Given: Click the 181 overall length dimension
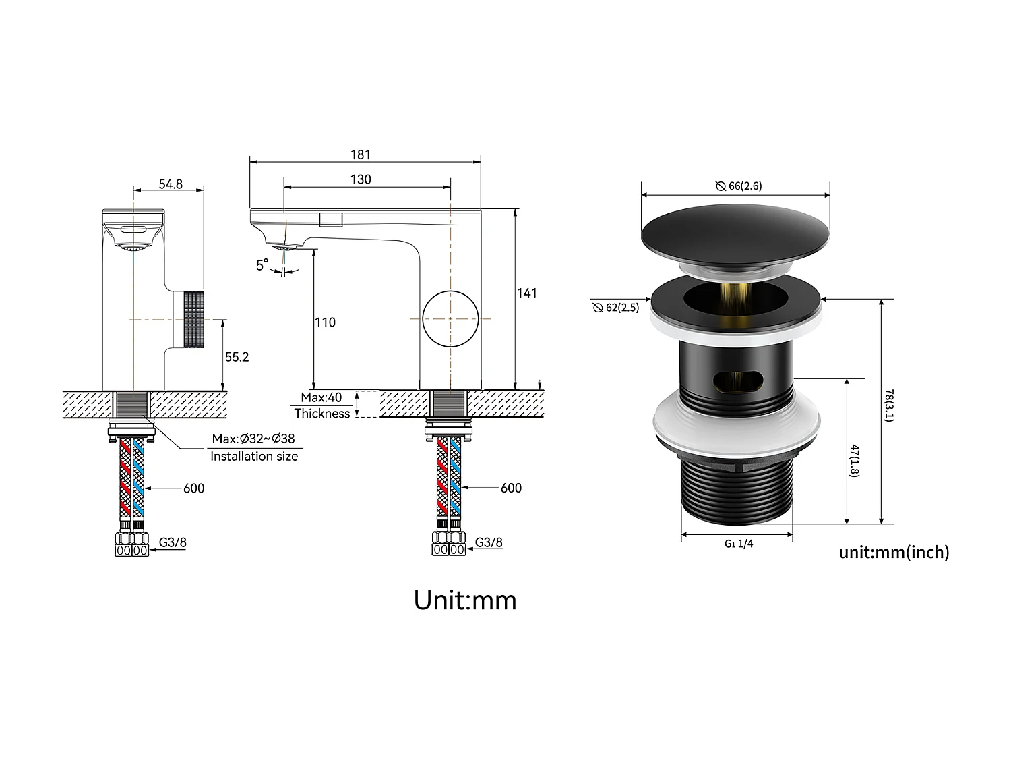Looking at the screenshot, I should coord(361,154).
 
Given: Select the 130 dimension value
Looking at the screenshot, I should coord(361,179).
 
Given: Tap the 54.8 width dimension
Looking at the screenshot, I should coord(171,184).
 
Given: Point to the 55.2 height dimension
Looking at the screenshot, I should coord(237,357).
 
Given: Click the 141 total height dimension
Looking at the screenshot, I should coord(527,293).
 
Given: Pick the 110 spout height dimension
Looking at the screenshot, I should coord(325,322).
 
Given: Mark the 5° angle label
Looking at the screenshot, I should coord(262,265).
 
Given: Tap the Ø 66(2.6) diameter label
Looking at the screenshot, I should coord(739,186).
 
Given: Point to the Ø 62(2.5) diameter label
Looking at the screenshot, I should coord(615,308).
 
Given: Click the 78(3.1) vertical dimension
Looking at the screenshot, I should coord(889,405).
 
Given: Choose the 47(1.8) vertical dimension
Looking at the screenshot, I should coord(855,461).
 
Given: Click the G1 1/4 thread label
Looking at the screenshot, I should coord(739,544).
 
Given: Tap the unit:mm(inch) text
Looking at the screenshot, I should coord(894,553).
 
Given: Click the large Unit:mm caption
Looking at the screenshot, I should coord(465,600).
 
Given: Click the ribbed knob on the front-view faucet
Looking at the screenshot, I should coord(193,319).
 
